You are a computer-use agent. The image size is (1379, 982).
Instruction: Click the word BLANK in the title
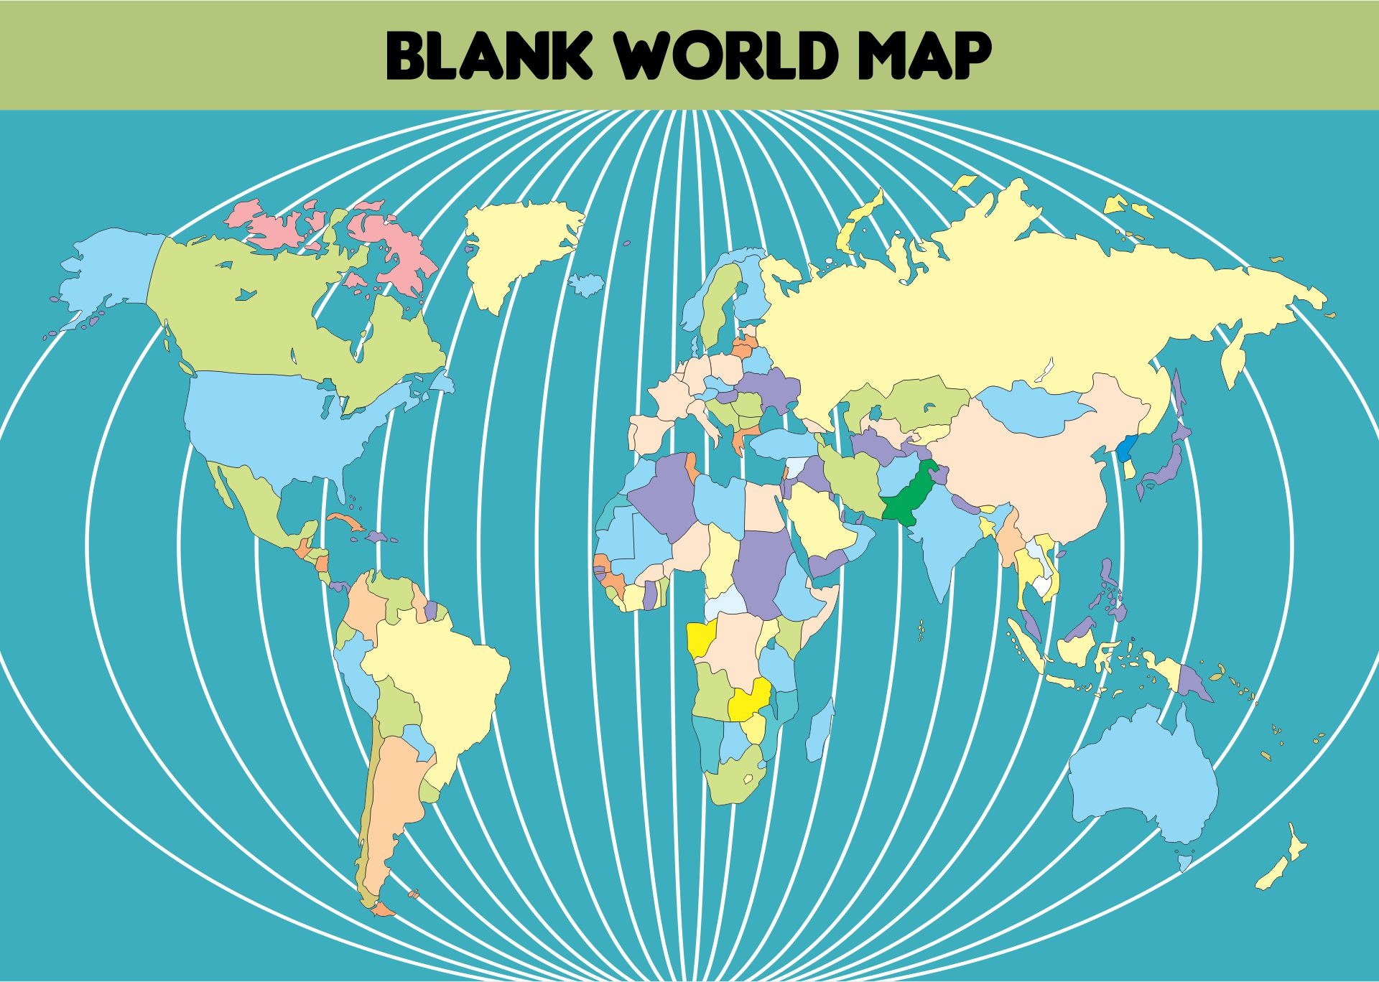pos(488,55)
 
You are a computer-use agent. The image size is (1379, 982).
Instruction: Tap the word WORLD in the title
pos(725,55)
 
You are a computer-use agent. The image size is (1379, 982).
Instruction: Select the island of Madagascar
pos(819,729)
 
